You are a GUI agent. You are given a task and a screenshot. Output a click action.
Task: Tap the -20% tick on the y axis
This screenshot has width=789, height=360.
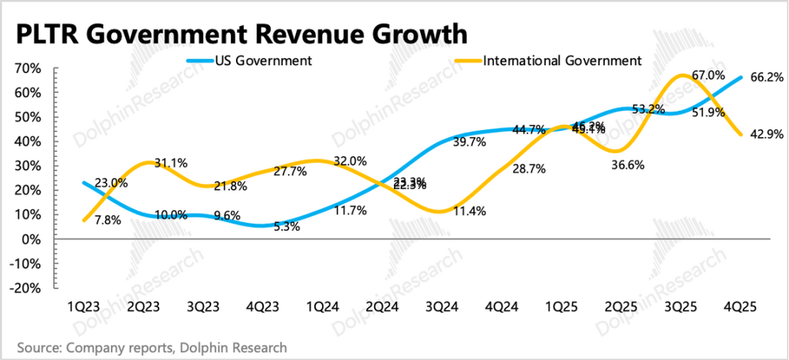point(26,288)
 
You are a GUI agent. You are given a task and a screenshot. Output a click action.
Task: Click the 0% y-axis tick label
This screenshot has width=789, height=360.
point(32,239)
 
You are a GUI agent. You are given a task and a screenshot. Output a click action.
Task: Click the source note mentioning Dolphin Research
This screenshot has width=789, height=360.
point(152,348)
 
